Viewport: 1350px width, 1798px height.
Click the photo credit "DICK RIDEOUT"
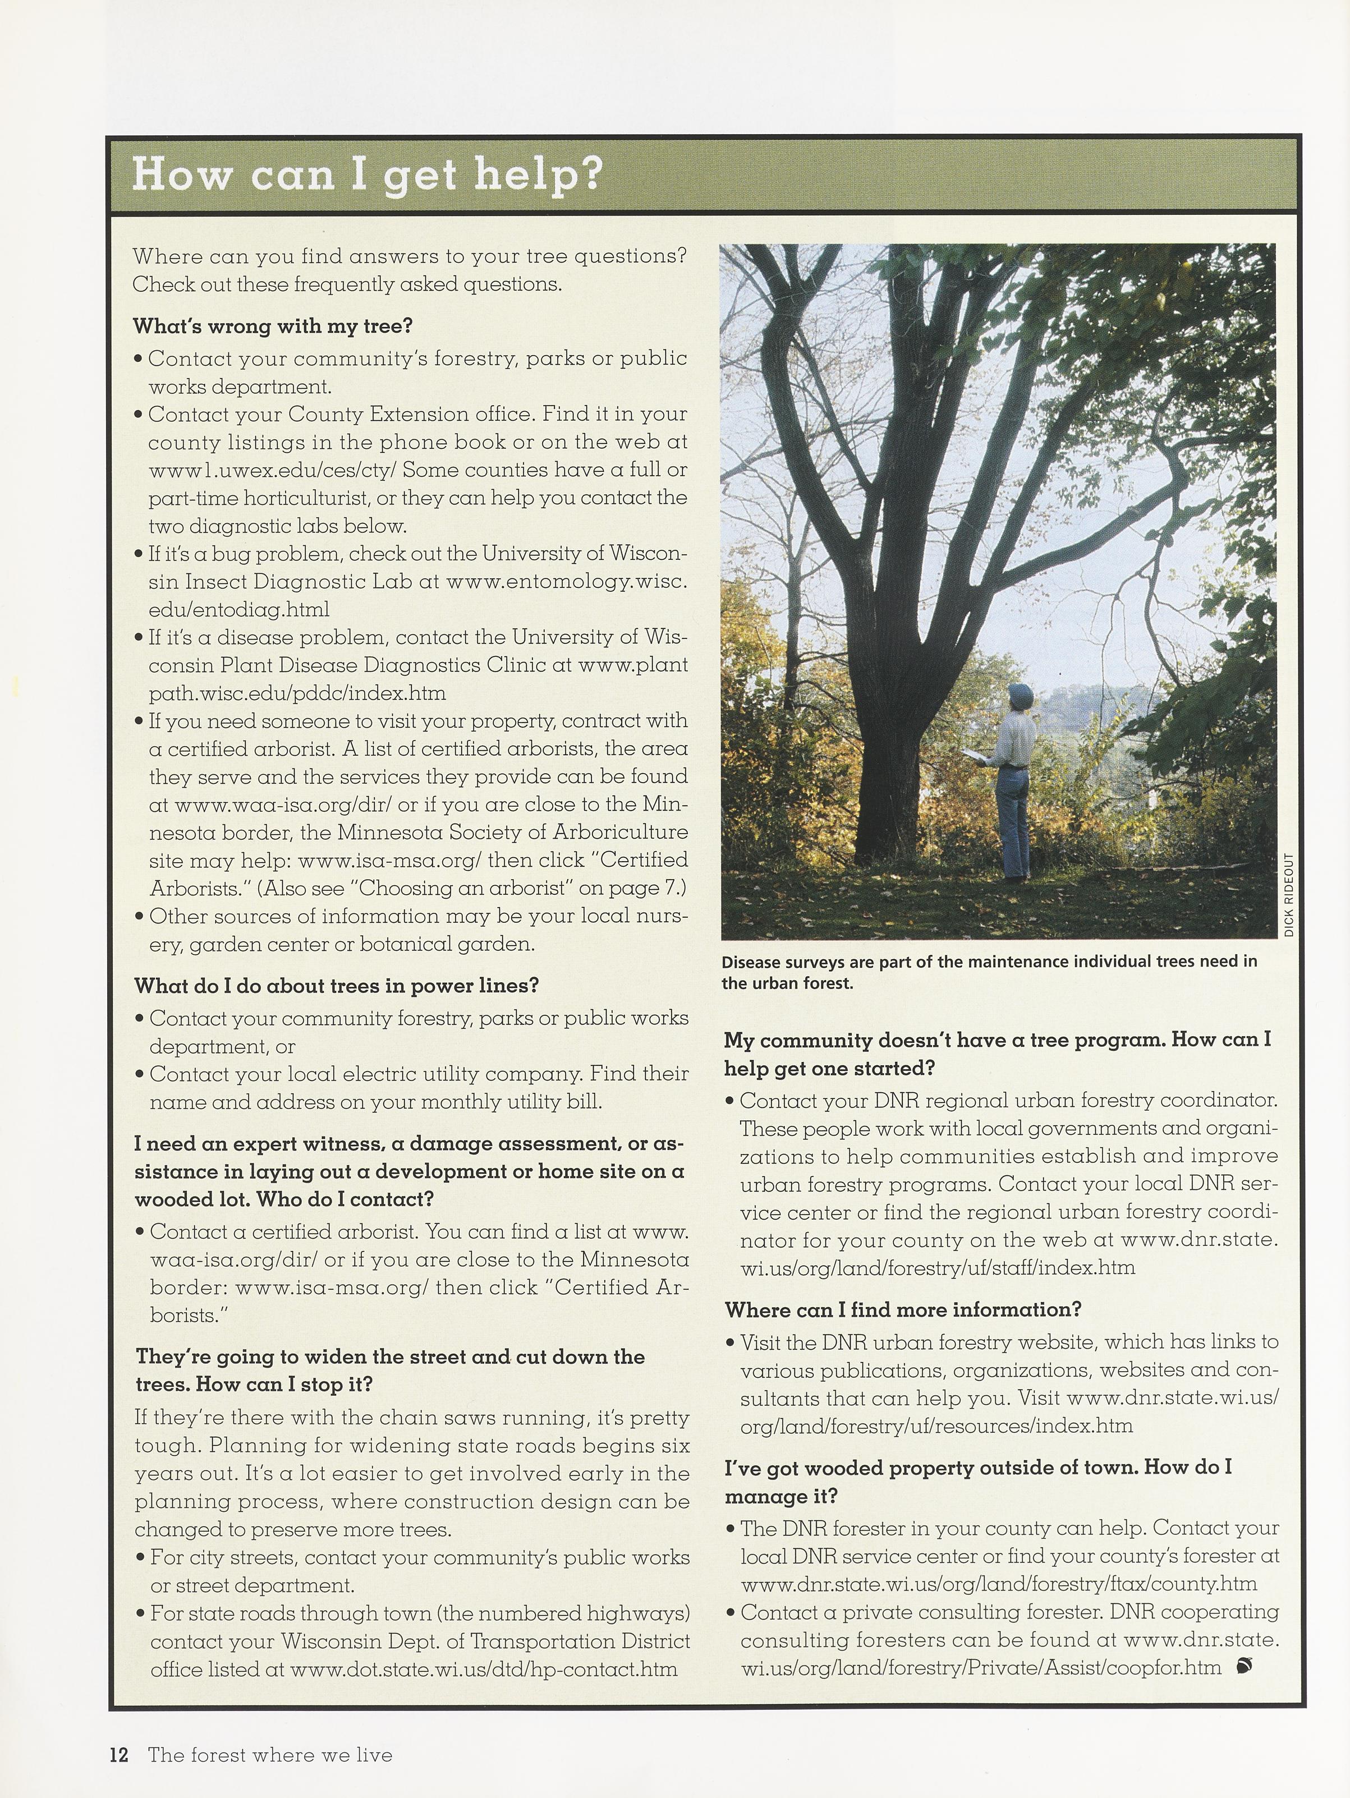(x=1288, y=894)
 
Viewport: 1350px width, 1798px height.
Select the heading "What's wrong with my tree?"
(x=273, y=326)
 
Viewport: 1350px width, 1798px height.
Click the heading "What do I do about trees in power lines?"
(x=337, y=986)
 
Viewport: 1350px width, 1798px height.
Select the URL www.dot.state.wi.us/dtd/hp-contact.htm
(x=484, y=1670)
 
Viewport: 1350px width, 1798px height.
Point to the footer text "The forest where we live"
(x=270, y=1755)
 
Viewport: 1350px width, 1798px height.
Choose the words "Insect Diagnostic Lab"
(x=300, y=582)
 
